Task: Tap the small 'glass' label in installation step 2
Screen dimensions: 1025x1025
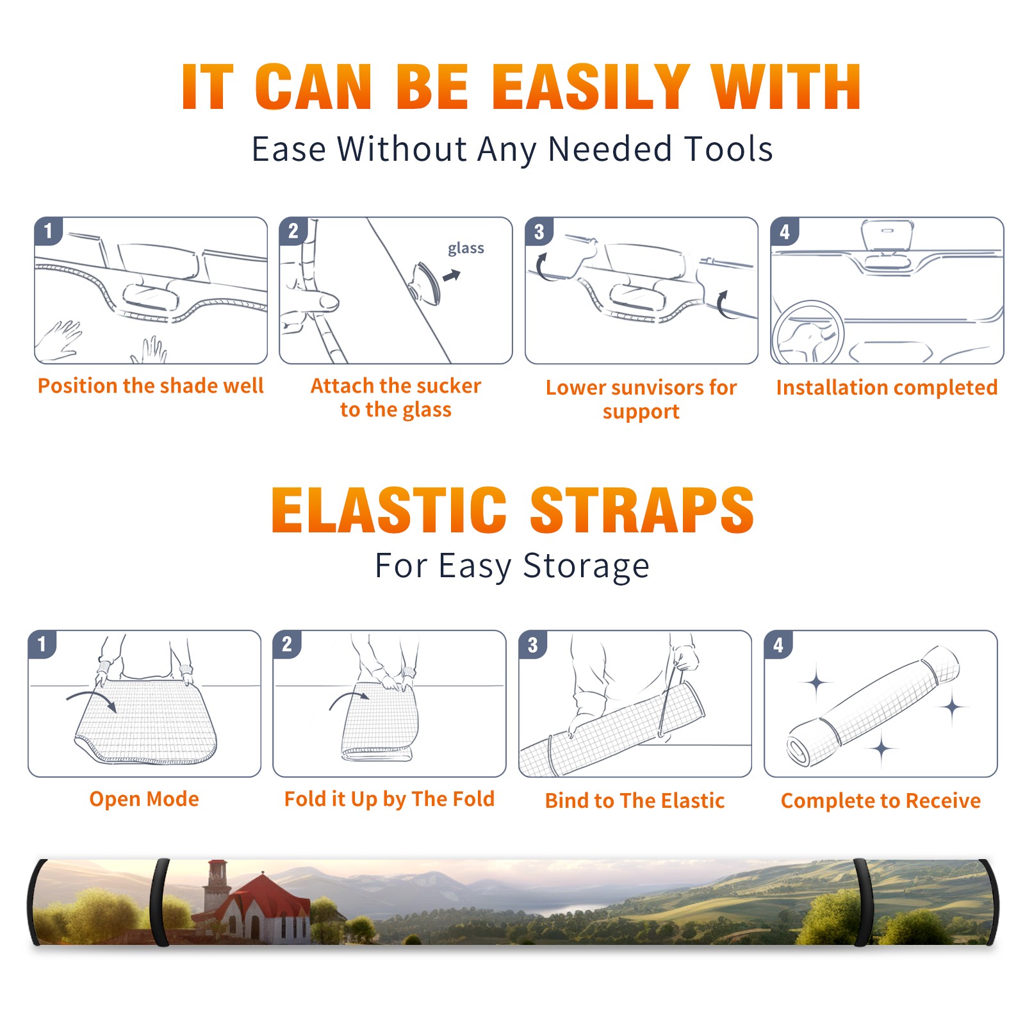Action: [x=466, y=248]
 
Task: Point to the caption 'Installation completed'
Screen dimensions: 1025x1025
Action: [x=887, y=388]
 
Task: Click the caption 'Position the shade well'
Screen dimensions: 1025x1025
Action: [x=151, y=386]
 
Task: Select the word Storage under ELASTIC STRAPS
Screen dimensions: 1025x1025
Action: [x=586, y=566]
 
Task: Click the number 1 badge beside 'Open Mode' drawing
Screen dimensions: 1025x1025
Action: [x=42, y=644]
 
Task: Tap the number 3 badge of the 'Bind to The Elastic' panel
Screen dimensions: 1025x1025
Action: [x=533, y=644]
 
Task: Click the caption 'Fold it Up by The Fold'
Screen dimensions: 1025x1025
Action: [x=389, y=799]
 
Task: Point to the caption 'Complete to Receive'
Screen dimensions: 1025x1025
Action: [x=881, y=801]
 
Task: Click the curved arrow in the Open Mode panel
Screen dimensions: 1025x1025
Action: [x=92, y=698]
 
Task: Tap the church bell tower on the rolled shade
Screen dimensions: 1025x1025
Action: [x=217, y=887]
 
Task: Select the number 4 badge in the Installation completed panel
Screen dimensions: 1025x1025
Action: [x=785, y=231]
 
